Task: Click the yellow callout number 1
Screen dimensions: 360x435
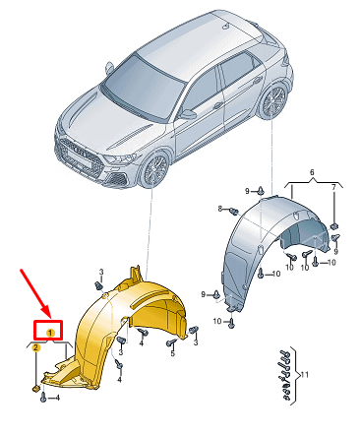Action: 50,333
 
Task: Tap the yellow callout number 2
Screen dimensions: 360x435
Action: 36,347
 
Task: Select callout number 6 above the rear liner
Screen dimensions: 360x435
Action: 312,172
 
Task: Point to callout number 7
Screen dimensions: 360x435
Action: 333,188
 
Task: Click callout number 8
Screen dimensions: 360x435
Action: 220,209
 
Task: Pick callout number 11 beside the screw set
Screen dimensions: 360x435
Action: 305,374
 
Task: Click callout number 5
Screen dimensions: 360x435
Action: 173,353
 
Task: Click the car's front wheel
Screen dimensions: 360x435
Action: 154,169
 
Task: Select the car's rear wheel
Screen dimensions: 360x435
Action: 274,101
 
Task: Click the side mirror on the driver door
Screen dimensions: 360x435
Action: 188,114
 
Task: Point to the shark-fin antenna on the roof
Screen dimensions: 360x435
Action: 226,27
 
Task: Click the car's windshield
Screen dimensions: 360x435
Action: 143,89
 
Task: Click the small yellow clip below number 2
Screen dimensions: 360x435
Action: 35,389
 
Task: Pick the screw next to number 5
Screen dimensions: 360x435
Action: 171,342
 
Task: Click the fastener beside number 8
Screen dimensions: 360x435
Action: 233,211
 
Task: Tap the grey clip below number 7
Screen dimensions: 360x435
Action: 334,226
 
